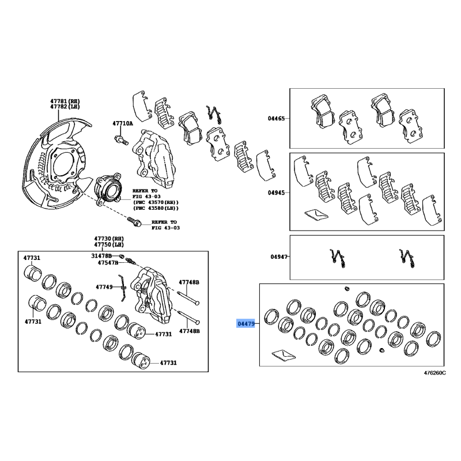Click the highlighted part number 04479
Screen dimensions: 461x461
[246, 324]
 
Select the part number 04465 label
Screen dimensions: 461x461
[276, 119]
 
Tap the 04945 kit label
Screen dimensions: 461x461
[276, 192]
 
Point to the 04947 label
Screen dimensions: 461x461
[279, 256]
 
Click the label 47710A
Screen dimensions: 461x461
[123, 123]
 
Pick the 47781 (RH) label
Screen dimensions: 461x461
[65, 101]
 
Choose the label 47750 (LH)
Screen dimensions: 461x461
[109, 244]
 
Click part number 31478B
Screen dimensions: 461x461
[101, 256]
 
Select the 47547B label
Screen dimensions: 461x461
[108, 262]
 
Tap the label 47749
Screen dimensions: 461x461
[104, 286]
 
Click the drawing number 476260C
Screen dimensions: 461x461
[434, 373]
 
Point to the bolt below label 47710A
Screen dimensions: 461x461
[121, 140]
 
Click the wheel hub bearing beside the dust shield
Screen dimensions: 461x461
[108, 190]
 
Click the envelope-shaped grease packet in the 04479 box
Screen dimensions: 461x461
[284, 355]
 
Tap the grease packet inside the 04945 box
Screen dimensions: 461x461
[316, 214]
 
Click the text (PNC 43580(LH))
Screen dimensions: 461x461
[156, 208]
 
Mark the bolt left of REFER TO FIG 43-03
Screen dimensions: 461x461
[134, 221]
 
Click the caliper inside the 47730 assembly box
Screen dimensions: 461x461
[151, 294]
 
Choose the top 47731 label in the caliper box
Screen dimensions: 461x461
[32, 258]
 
